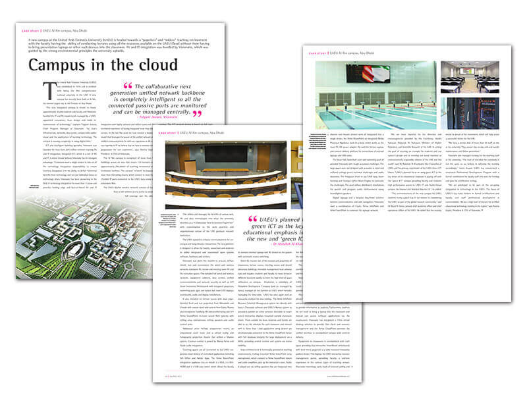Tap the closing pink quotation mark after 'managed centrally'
coord(196,114)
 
